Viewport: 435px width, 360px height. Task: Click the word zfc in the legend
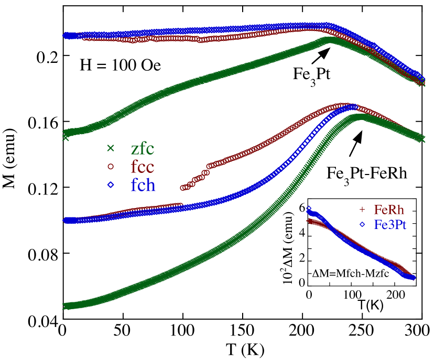pos(143,149)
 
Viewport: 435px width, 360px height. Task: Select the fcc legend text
pos(143,167)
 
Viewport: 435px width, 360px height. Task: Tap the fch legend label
pos(143,186)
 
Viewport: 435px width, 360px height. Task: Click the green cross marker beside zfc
pos(111,148)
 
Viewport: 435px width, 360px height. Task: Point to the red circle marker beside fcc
pos(111,167)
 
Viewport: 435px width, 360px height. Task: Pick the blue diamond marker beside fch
pos(111,185)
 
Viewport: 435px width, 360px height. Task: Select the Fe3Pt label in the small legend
pos(390,225)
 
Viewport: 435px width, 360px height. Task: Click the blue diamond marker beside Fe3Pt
pos(362,225)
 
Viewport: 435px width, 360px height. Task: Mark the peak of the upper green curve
pos(329,39)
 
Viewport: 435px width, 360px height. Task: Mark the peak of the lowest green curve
pos(361,116)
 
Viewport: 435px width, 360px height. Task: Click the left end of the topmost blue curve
pos(66,36)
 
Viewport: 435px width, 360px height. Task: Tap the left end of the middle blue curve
pos(66,221)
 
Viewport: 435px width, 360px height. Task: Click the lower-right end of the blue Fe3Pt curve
pos(414,278)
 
